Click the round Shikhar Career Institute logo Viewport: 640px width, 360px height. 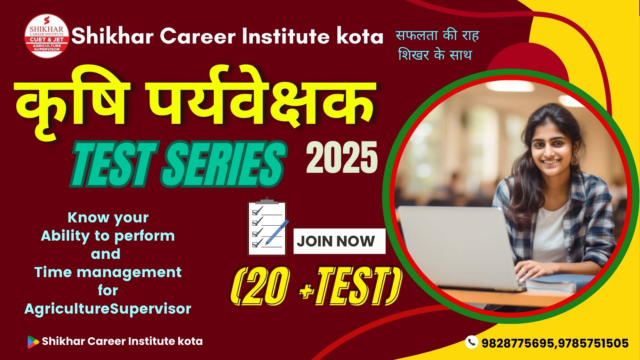(47, 36)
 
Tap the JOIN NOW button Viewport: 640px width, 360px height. (339, 241)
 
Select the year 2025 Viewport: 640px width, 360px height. (342, 158)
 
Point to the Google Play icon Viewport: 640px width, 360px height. (33, 342)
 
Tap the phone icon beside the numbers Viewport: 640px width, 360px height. (471, 342)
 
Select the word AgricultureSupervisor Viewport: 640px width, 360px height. (108, 309)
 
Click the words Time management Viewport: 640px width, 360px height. (108, 272)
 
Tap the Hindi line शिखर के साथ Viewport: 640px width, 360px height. (435, 55)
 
